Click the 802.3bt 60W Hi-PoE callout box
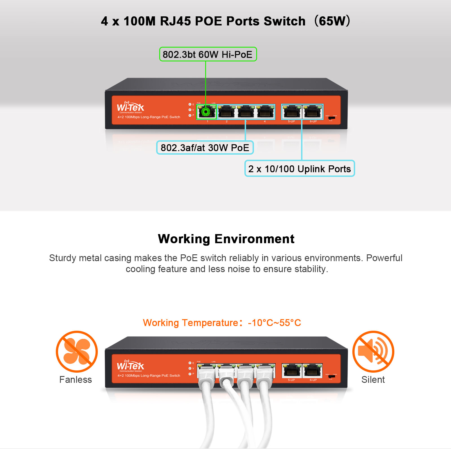pos(208,54)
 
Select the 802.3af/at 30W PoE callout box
pos(205,148)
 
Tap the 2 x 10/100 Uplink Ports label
pos(299,169)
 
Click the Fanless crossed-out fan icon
pos(77,352)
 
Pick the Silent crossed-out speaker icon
pos(373,352)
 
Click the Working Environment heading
pos(226,239)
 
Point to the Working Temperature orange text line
pos(222,323)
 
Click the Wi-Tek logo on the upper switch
pos(130,107)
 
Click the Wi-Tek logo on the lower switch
pos(130,366)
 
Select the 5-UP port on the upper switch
pos(291,112)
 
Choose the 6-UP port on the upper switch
pos(313,112)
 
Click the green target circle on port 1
pos(206,112)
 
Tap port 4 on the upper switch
pos(265,112)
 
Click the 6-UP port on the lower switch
pos(313,370)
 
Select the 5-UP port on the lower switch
pos(291,370)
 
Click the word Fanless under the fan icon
pos(76,380)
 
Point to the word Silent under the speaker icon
pos(373,380)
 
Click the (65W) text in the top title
pos(332,21)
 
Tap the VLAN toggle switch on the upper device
pos(331,118)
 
